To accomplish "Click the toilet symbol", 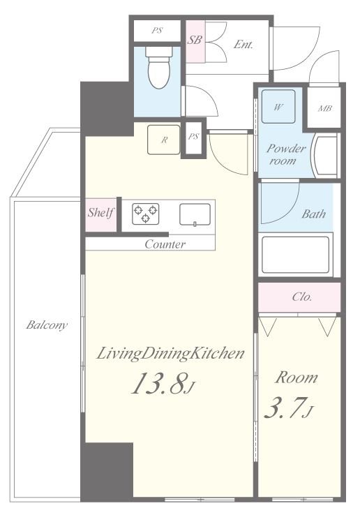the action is tap(159, 68).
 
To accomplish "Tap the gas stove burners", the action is tap(146, 214).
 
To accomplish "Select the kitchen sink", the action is tap(195, 215).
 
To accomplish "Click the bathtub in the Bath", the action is tap(296, 255).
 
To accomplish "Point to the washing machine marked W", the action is tap(278, 106).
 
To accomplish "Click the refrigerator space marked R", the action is tap(164, 140).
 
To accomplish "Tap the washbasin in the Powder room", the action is tap(326, 156).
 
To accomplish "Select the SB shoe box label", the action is tap(194, 40).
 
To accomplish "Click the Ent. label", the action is tap(243, 45).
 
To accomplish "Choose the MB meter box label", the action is tap(324, 108).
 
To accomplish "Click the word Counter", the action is tap(165, 244).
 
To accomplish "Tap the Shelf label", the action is tap(100, 213).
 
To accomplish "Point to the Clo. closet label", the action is tap(302, 297).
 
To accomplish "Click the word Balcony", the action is tap(47, 325).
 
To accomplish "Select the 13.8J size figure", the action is tap(163, 383).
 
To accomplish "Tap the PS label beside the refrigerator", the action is tap(193, 136).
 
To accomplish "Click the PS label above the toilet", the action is tap(157, 31).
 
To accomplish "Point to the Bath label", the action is tap(314, 214).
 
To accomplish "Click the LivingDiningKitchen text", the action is tap(170, 354).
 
